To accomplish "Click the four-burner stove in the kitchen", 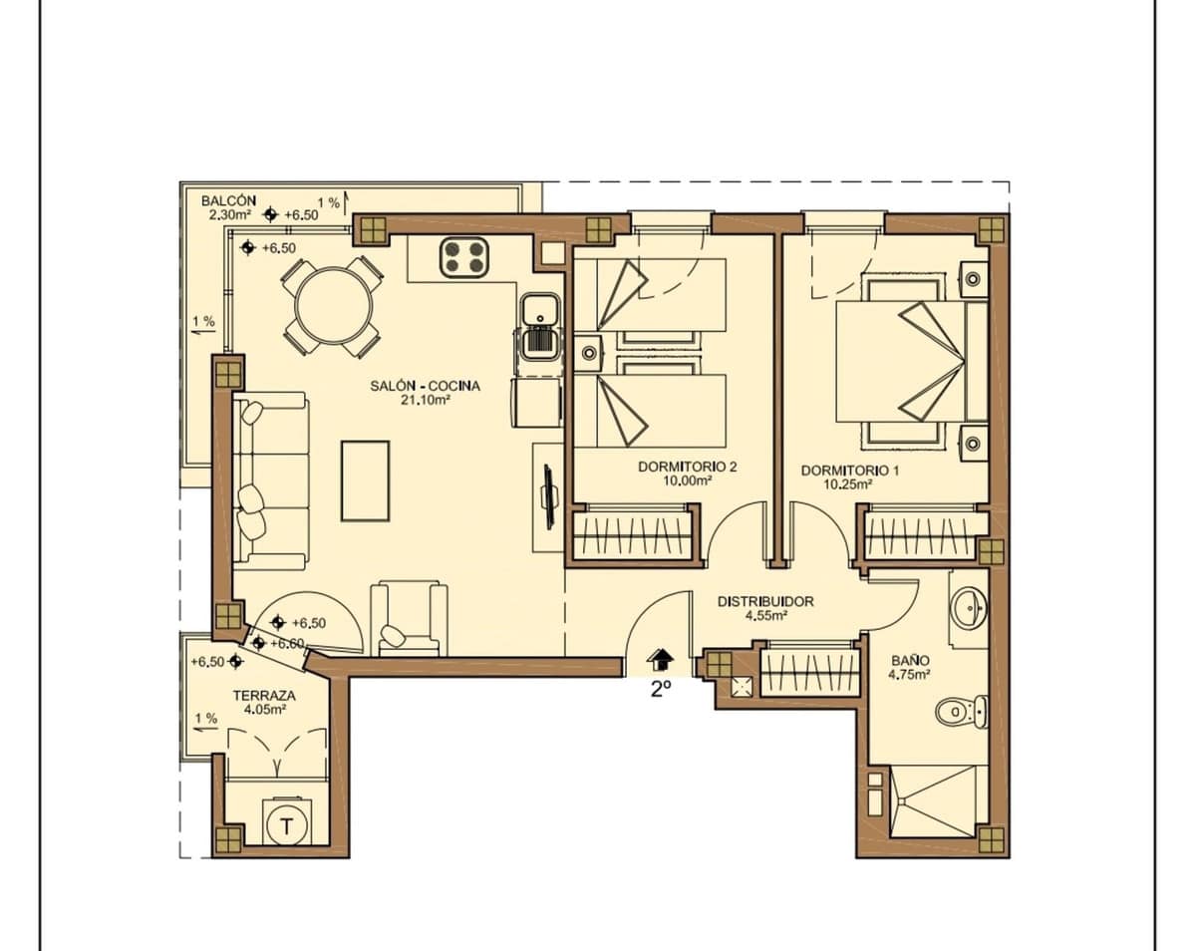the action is click(x=464, y=257).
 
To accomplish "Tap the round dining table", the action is click(x=334, y=306).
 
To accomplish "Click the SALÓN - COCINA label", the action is click(x=426, y=386).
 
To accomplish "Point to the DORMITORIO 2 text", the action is click(x=687, y=467).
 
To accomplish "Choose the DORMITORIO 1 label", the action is click(x=850, y=471).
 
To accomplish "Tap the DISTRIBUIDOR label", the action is click(x=765, y=601).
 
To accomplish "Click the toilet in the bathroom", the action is click(x=962, y=711).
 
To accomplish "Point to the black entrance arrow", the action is click(x=660, y=659).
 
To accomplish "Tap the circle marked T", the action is click(x=287, y=826).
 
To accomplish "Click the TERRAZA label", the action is click(x=264, y=696).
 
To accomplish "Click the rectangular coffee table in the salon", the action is click(x=365, y=480).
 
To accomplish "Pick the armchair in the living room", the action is click(x=410, y=619).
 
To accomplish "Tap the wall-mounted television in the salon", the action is click(x=548, y=496).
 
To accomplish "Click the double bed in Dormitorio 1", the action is click(x=911, y=361).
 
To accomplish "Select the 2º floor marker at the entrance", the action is click(x=661, y=690).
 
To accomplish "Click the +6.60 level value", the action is click(x=287, y=644).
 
